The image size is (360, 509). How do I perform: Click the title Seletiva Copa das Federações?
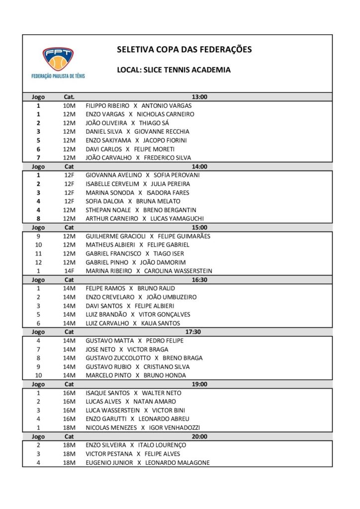pos(184,50)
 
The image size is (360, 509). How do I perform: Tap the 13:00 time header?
pos(199,97)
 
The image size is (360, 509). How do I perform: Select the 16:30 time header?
pos(199,280)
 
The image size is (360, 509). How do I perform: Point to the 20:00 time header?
pos(199,436)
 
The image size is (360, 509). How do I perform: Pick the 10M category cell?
pos(69,106)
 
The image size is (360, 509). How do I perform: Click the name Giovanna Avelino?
pos(114,175)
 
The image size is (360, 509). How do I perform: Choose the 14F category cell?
pos(69,271)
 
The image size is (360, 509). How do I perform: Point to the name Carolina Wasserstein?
pos(178,271)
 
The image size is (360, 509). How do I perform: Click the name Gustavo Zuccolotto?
pos(117,358)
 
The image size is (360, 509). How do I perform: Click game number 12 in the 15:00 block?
pos(38,262)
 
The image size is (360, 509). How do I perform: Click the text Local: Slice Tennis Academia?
pos(174,70)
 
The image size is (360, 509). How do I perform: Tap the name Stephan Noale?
pos(107,210)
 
